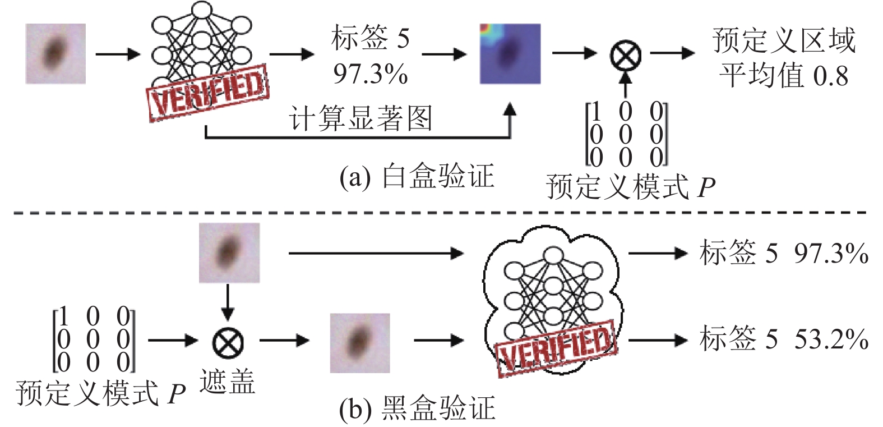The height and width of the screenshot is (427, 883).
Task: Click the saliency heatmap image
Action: (510, 54)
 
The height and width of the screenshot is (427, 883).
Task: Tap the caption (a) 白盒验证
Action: (417, 176)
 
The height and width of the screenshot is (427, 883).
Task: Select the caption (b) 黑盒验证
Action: (417, 408)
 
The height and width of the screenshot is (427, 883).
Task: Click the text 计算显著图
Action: (360, 118)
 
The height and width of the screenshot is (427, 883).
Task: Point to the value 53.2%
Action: (831, 338)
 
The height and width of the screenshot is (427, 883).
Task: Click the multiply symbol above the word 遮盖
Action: (228, 341)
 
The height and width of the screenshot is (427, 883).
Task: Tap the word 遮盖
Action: (227, 381)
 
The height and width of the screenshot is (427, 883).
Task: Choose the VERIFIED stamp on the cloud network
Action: (556, 348)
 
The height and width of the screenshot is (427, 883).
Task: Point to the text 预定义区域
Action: (784, 40)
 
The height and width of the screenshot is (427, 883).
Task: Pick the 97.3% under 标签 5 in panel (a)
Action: (370, 74)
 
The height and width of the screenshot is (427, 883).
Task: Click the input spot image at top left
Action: (56, 53)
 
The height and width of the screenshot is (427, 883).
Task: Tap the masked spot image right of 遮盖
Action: (360, 343)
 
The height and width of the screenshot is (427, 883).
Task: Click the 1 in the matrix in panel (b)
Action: (63, 316)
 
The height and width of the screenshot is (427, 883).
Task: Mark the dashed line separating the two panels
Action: (441, 213)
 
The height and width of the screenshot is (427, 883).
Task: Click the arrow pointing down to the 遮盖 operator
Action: (228, 302)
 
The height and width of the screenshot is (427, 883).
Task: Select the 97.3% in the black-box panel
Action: (831, 253)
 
